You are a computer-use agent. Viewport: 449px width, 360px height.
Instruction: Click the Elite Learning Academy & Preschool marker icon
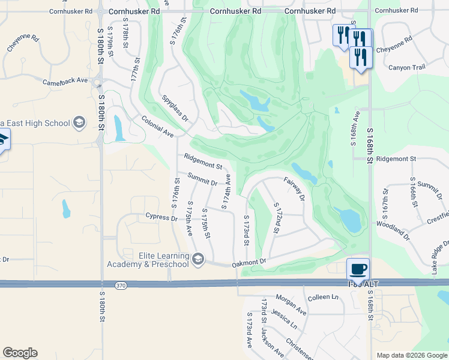(x=199, y=260)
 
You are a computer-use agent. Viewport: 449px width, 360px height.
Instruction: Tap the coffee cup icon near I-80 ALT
(x=358, y=269)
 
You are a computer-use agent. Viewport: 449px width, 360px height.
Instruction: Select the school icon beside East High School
(x=79, y=124)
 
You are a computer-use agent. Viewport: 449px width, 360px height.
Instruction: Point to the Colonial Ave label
(x=157, y=127)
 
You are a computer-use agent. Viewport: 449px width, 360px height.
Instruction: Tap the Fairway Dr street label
(x=295, y=189)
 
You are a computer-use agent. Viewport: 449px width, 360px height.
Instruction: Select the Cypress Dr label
(x=161, y=217)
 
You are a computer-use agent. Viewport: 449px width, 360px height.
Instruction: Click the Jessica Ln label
(x=284, y=319)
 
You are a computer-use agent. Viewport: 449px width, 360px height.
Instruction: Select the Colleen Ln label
(x=323, y=297)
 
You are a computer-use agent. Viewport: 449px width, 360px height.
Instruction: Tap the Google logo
(x=20, y=353)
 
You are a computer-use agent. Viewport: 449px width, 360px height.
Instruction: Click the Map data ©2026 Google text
(x=411, y=355)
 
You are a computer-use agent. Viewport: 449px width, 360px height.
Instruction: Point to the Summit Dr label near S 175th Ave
(x=202, y=179)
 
